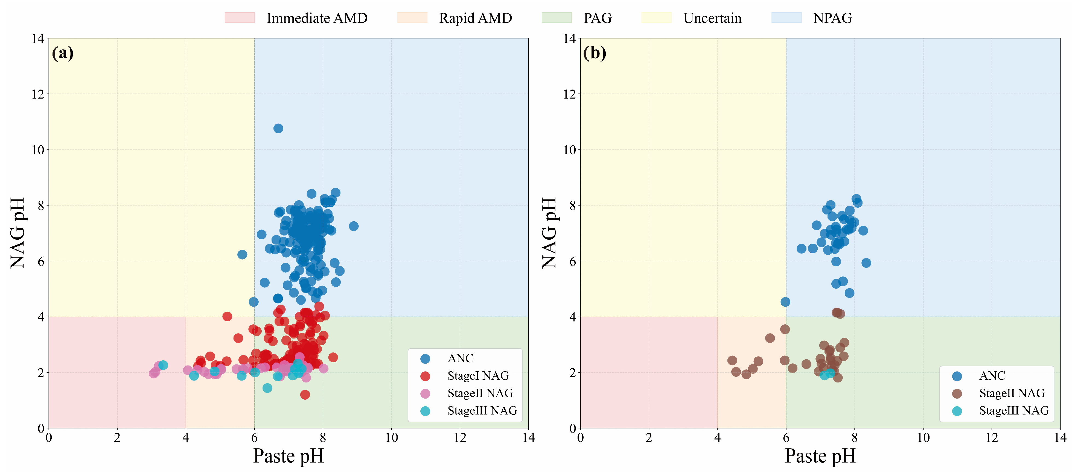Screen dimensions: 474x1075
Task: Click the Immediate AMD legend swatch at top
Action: click(240, 17)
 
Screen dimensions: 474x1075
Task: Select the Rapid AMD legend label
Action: click(475, 18)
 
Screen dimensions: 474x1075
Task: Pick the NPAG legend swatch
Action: click(786, 17)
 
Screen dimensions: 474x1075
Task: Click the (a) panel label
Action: click(63, 53)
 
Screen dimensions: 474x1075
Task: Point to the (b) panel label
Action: click(594, 53)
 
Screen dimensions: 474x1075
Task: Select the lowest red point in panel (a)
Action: click(305, 394)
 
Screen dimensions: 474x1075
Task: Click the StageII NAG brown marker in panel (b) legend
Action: click(957, 393)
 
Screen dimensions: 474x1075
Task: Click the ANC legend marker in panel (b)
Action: click(957, 376)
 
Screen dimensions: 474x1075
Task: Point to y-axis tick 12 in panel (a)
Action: click(38, 94)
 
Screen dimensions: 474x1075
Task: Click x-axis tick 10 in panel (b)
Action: click(923, 438)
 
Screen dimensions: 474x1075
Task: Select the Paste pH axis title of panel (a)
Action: click(288, 456)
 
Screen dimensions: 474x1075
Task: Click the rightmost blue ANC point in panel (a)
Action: click(354, 226)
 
